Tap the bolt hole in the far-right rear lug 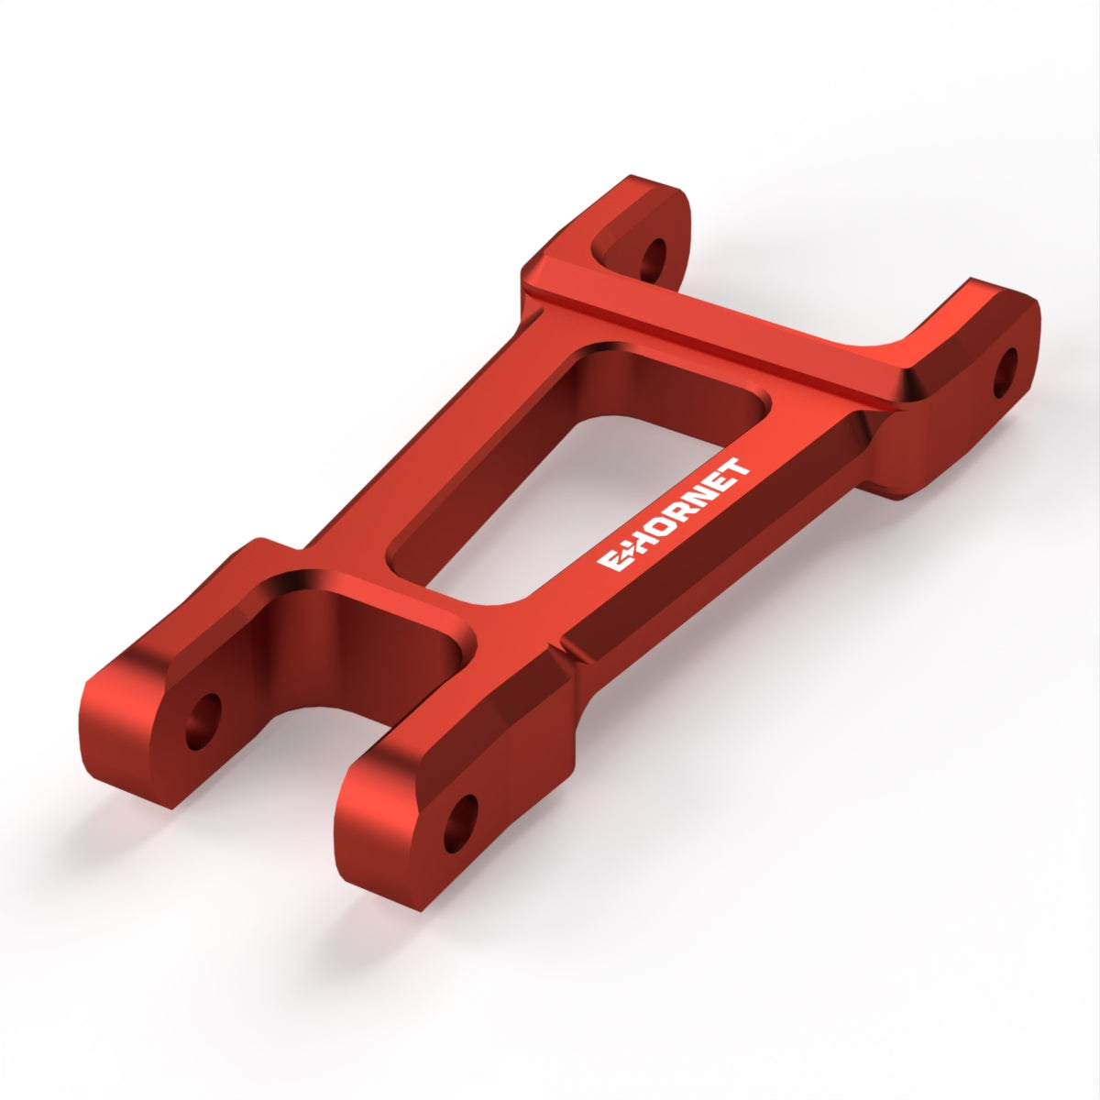1006,373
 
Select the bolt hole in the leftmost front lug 203,721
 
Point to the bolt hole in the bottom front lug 461,824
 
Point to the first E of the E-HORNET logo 609,563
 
